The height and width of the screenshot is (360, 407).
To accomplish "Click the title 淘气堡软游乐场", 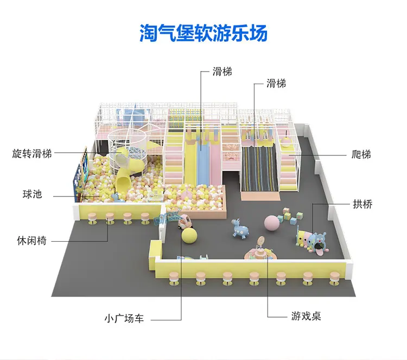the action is coord(203,33).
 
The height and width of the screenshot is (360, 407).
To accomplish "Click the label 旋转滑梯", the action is coord(31,153).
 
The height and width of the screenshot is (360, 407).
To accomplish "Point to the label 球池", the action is coord(32,194).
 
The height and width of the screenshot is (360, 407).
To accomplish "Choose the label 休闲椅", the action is coord(31,241).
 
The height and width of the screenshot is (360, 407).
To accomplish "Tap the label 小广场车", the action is coord(124,319).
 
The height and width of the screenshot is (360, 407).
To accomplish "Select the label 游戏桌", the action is coord(306,315).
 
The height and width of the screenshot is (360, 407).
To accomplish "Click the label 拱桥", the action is coord(362,204).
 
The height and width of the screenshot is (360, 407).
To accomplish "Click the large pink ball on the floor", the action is coord(271,223).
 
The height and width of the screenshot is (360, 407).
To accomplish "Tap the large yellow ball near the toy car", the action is coord(190,236).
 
